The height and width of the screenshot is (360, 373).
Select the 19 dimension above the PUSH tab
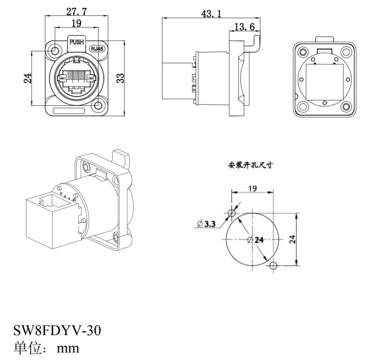click(x=76, y=23)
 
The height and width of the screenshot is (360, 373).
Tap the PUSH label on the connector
click(x=77, y=43)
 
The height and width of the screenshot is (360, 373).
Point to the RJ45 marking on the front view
click(x=97, y=49)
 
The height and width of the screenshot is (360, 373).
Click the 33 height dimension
click(x=120, y=78)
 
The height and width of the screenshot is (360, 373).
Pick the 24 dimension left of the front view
click(x=28, y=78)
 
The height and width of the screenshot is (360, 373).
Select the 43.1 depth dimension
click(x=211, y=14)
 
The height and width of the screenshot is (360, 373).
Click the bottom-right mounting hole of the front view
click(x=98, y=105)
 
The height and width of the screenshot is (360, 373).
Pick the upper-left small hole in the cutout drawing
click(x=231, y=213)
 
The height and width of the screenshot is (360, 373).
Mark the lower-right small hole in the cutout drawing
click(x=272, y=266)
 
